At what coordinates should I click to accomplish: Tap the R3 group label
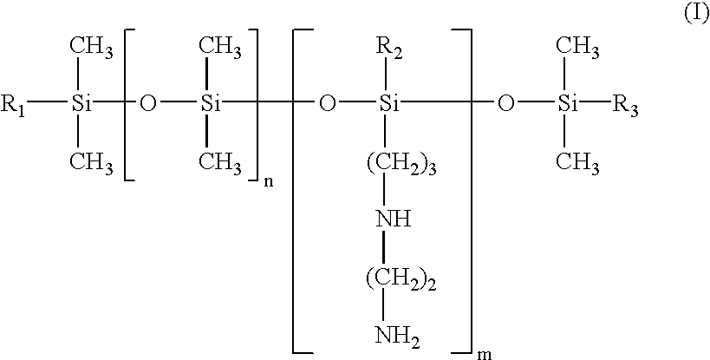point(625,105)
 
